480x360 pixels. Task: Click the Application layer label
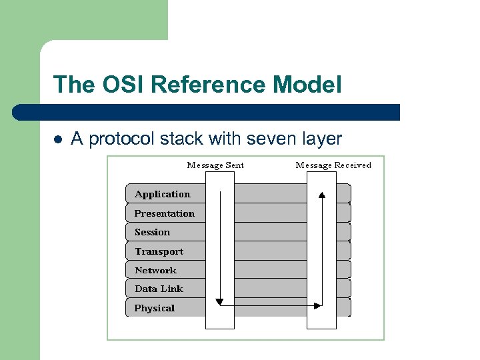click(162, 194)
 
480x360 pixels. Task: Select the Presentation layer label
click(165, 213)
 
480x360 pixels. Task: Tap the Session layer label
click(152, 232)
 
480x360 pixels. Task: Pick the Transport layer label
click(159, 251)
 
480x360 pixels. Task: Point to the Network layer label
click(155, 270)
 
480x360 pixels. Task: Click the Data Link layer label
click(159, 289)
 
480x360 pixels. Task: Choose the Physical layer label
click(154, 308)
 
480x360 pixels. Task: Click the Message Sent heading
click(215, 165)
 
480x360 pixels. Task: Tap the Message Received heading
click(333, 165)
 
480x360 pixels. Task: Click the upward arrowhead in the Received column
click(322, 195)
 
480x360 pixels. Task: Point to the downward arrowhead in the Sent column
click(220, 302)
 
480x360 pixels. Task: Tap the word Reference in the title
click(209, 85)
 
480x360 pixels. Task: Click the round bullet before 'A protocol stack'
click(57, 139)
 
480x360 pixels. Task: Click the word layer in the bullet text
click(321, 139)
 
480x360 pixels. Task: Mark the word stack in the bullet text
click(182, 139)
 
